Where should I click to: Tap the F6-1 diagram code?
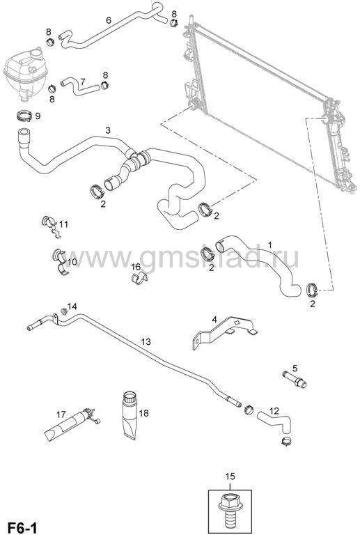22,527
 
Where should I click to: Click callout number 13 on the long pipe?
146,341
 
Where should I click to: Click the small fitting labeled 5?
295,379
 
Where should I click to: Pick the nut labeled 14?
63,311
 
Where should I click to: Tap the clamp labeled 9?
24,116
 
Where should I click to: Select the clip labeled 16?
139,278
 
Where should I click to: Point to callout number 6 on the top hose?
109,20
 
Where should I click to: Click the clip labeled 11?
52,227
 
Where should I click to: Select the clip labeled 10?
61,261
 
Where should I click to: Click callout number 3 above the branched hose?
108,130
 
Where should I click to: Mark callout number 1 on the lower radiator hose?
270,245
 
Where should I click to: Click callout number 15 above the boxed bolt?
230,476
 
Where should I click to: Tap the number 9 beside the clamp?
38,116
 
